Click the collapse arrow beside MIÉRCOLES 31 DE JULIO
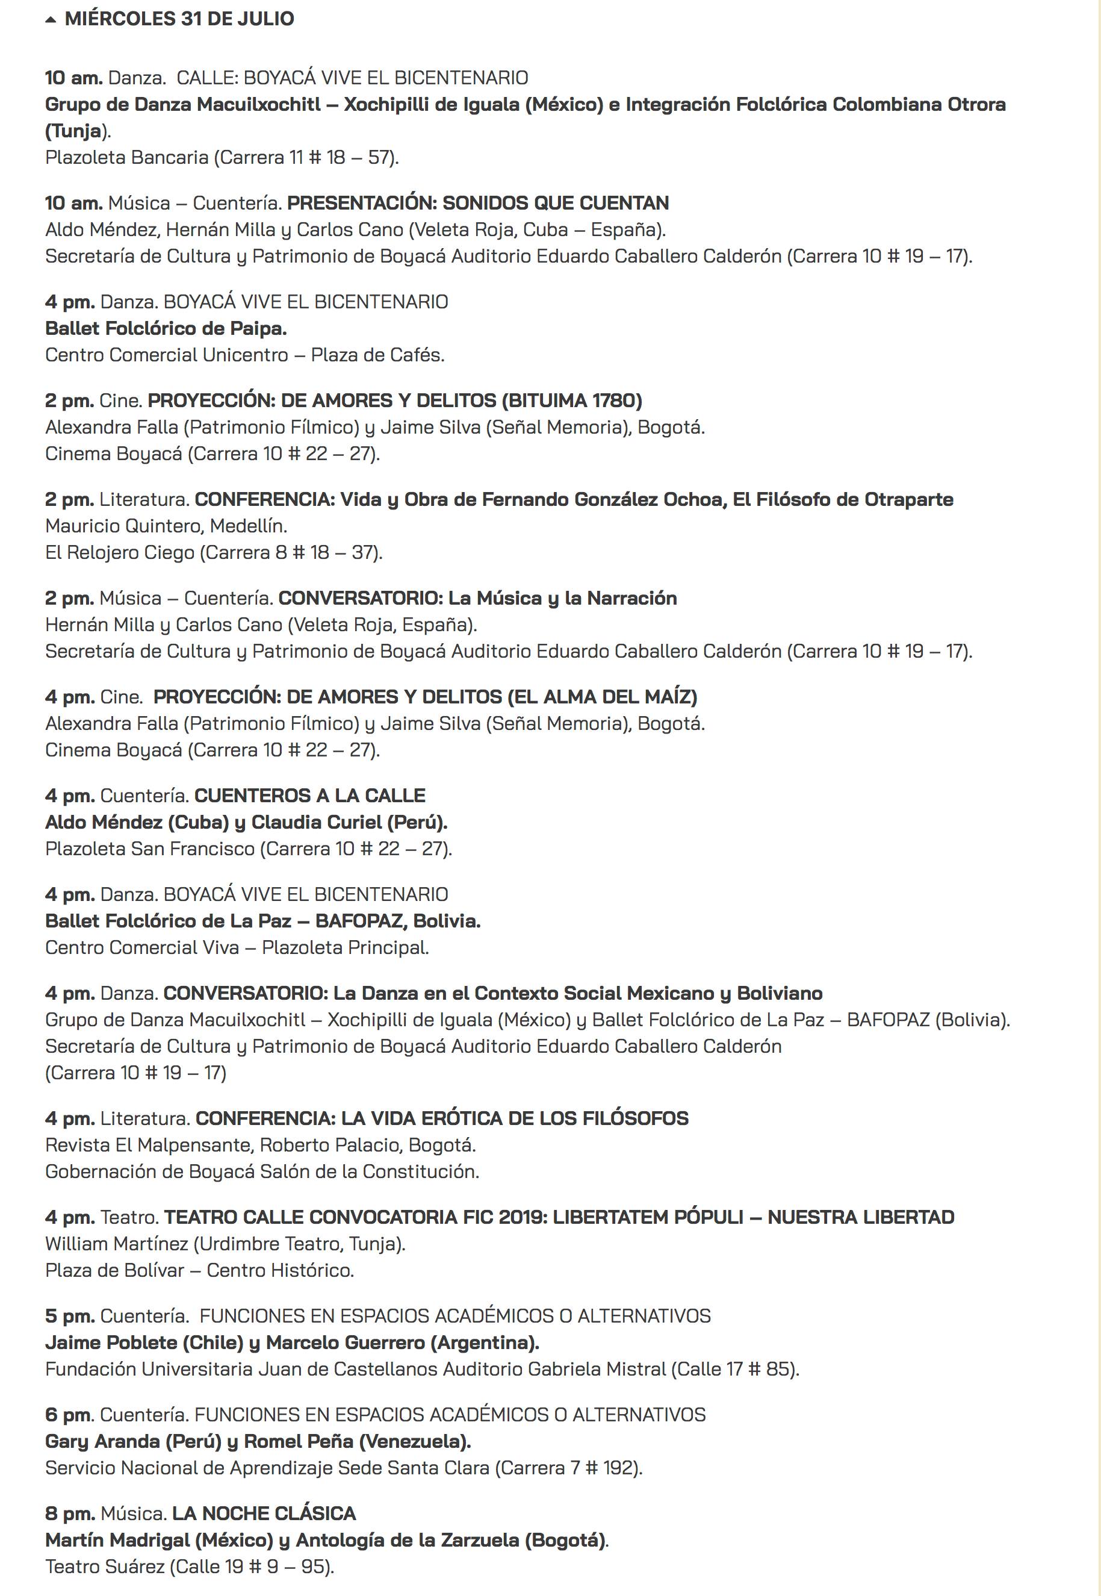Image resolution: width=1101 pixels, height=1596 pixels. (x=51, y=20)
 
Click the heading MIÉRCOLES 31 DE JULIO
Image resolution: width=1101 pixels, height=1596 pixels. (x=179, y=19)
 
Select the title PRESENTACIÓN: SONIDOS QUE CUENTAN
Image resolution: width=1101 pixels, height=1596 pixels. (x=477, y=203)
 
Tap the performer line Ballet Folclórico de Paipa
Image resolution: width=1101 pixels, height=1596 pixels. (x=166, y=328)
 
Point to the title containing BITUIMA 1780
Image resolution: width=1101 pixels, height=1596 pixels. (x=395, y=401)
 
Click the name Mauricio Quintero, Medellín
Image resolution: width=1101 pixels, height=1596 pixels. (x=166, y=526)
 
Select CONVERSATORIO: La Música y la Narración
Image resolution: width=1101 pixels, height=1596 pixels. (x=477, y=598)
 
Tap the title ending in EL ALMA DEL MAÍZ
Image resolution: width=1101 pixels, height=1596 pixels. (x=425, y=697)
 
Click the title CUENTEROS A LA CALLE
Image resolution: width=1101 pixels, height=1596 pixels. (x=310, y=796)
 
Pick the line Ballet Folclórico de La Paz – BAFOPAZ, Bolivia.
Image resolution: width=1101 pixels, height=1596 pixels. (x=262, y=921)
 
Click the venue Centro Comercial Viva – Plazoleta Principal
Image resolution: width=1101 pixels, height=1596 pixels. (x=237, y=948)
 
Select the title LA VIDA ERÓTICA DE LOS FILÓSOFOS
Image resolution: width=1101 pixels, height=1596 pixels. (x=441, y=1118)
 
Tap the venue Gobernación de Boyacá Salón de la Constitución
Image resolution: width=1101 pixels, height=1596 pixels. (x=261, y=1171)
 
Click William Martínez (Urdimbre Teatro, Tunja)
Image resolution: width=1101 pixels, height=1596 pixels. (x=225, y=1244)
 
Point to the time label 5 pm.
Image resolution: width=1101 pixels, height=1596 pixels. (x=70, y=1316)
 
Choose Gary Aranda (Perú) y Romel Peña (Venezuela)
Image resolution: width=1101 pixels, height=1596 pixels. (x=258, y=1441)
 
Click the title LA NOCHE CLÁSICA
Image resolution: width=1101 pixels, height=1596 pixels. (x=264, y=1513)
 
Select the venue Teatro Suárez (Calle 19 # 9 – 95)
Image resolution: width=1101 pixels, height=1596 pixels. (x=189, y=1567)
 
